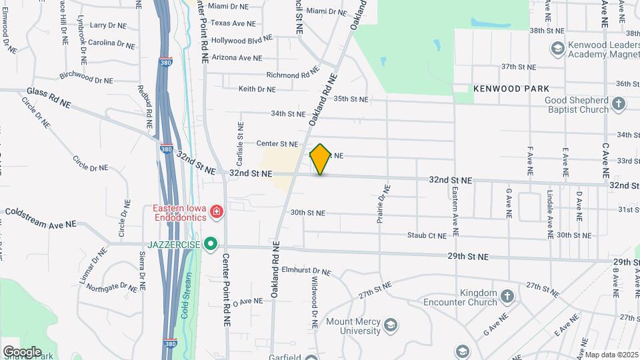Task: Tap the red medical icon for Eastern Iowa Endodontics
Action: [216, 212]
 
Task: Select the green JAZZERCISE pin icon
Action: [211, 244]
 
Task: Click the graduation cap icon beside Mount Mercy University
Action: [391, 325]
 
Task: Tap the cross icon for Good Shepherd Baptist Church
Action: [619, 104]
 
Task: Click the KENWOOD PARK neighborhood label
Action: [511, 88]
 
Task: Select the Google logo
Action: [22, 351]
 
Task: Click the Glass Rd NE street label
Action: [49, 97]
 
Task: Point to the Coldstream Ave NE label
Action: [40, 218]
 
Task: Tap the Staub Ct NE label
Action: [427, 235]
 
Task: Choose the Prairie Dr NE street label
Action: [383, 203]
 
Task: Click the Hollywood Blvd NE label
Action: [242, 40]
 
